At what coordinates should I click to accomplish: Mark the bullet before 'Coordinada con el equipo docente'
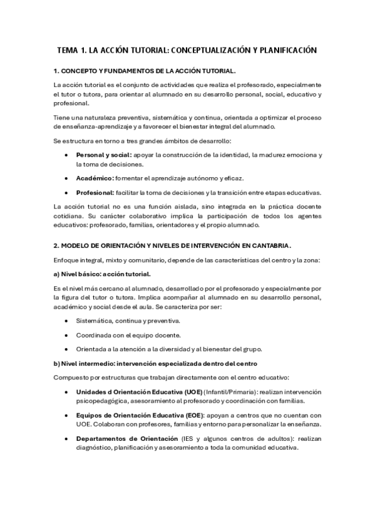[x=66, y=335]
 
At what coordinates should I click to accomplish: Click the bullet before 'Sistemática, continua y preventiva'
[x=66, y=321]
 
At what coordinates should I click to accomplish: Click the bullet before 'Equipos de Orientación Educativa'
[x=66, y=415]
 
